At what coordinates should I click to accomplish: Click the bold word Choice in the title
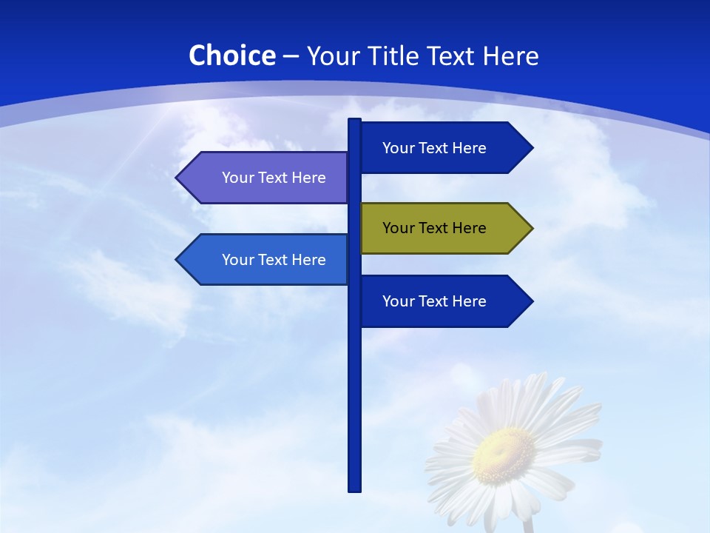pos(231,56)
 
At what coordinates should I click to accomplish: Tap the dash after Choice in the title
pos(291,57)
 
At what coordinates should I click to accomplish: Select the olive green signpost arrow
pos(444,228)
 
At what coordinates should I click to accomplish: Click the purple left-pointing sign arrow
pos(266,178)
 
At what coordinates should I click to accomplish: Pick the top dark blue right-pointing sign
pos(444,148)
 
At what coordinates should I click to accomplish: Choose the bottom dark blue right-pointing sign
pos(444,301)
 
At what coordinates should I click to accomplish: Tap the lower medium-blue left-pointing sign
pos(266,260)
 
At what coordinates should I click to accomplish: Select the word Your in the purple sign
pos(237,178)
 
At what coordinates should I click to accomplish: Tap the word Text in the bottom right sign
pos(432,301)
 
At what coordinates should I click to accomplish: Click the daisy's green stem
pos(527,525)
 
